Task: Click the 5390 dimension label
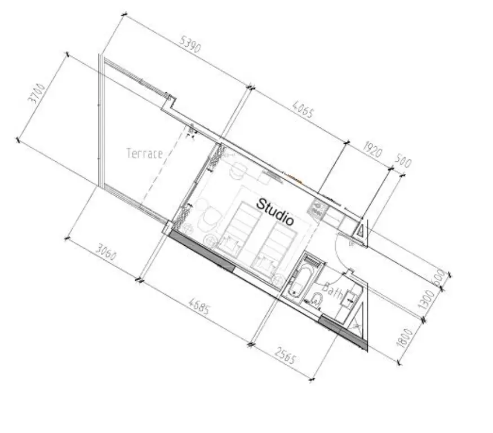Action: pos(190,44)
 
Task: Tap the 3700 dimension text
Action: pos(37,94)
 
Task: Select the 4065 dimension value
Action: pos(303,109)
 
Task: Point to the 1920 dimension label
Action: pos(372,149)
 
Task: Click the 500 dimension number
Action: pos(403,161)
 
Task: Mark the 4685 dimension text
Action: pos(199,306)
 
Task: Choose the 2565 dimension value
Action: pos(285,355)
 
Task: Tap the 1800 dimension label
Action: pos(405,338)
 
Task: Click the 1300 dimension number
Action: pos(426,301)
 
